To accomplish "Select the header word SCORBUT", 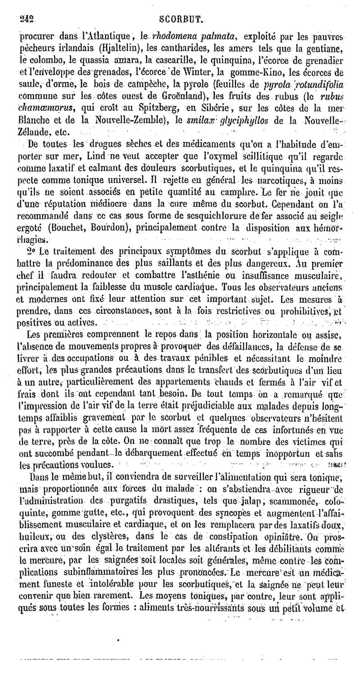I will coord(182,19).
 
